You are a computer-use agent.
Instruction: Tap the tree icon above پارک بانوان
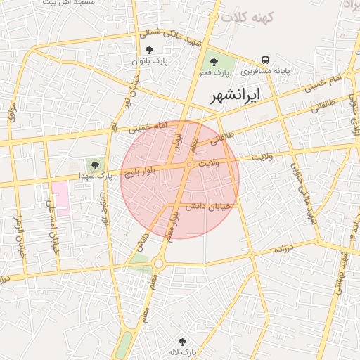click(x=148, y=50)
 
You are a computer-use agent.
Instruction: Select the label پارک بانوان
click(x=148, y=62)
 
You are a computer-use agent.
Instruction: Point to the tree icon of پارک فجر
click(x=212, y=60)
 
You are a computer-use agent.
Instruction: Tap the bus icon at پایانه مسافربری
click(x=266, y=60)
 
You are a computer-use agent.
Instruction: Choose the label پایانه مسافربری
click(x=265, y=72)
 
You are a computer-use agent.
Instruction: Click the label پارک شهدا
click(x=96, y=175)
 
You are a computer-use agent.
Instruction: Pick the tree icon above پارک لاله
click(x=182, y=341)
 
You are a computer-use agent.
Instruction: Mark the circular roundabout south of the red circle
click(x=157, y=264)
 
